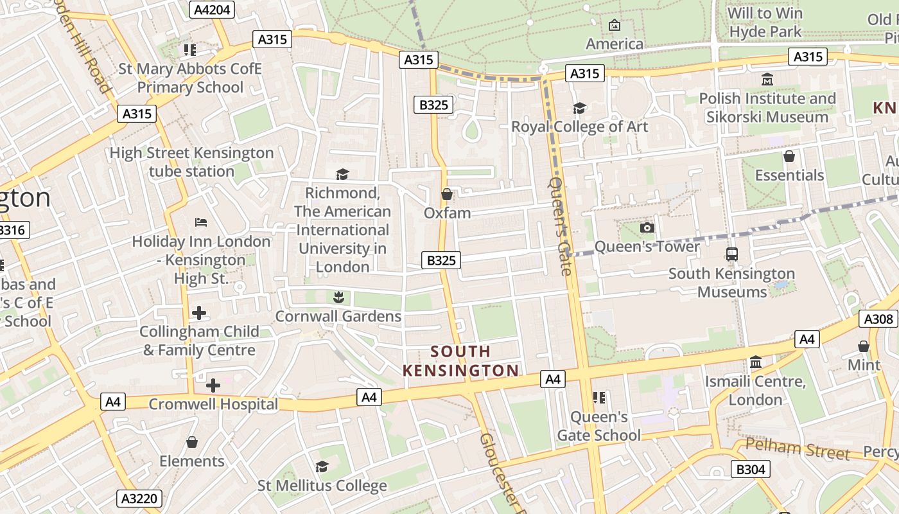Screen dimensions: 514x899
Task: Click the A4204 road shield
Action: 213,9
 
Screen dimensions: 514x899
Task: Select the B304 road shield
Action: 750,470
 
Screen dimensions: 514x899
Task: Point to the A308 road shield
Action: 878,319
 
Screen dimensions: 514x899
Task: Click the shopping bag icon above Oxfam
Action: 447,193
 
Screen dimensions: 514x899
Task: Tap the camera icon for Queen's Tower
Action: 647,228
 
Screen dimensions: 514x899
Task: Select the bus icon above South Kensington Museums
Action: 731,254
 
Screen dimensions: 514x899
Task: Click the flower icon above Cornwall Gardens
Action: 338,297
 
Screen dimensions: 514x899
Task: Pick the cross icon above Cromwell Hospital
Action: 213,385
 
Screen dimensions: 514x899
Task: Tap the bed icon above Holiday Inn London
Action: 201,222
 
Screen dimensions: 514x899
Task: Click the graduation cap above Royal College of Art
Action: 579,108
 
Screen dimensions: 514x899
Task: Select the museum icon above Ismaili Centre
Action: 755,362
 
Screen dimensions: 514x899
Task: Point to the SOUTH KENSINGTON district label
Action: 460,361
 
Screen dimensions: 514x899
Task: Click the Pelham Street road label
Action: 798,450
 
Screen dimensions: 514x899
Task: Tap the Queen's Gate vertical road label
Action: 559,226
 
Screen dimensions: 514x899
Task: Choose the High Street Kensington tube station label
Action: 191,162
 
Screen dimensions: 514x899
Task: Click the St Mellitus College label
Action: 322,486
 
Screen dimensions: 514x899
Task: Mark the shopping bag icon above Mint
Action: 864,346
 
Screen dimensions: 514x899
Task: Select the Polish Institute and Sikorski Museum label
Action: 767,108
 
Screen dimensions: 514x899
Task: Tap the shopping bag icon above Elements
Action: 191,442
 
